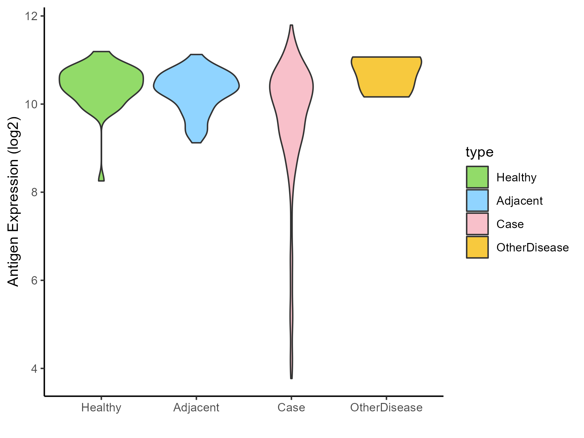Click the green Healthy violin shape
click(101, 84)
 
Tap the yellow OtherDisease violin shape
click(386, 76)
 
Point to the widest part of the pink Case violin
click(291, 87)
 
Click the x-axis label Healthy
click(101, 408)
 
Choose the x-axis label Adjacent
click(196, 408)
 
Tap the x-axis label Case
click(291, 408)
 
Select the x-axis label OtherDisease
click(386, 408)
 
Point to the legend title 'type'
click(479, 152)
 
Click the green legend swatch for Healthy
click(477, 177)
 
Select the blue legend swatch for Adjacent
click(477, 201)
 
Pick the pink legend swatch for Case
click(477, 224)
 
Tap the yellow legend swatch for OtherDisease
click(477, 247)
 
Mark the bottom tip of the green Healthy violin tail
click(101, 180)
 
